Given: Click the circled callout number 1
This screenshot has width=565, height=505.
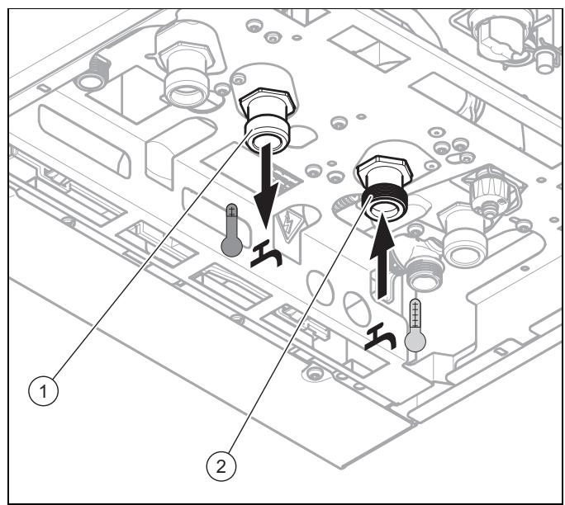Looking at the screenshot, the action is [43, 391].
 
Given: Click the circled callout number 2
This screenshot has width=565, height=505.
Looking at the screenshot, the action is [221, 466].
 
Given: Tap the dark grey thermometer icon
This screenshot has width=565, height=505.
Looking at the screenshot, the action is [231, 230].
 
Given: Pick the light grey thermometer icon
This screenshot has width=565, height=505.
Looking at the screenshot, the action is [415, 325].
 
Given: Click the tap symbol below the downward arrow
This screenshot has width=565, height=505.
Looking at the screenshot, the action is [267, 255].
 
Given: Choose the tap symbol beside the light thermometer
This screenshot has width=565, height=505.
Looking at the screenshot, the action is [381, 337].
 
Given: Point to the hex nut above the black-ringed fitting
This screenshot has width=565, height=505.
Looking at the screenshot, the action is [384, 170].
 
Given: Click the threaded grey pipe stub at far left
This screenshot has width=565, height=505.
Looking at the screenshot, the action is [94, 73].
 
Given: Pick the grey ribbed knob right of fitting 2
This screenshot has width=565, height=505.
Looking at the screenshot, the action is [487, 192].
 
